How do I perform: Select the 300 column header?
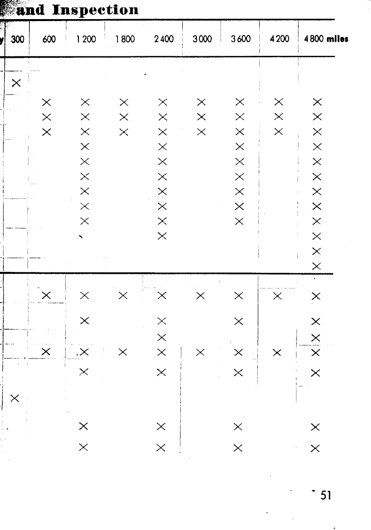coord(18,40)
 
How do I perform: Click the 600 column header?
coord(49,40)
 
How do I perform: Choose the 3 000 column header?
coord(202,40)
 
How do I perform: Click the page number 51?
coord(326,496)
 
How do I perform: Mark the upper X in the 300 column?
coord(16,83)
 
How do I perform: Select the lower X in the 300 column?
coord(15,397)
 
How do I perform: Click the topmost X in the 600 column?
coord(47,102)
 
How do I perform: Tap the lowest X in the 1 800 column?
coord(123,352)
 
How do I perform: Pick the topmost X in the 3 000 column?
coord(201,102)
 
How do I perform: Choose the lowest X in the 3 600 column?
coord(239,447)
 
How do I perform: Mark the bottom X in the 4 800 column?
coord(316,447)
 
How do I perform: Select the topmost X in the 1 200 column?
coord(85,102)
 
